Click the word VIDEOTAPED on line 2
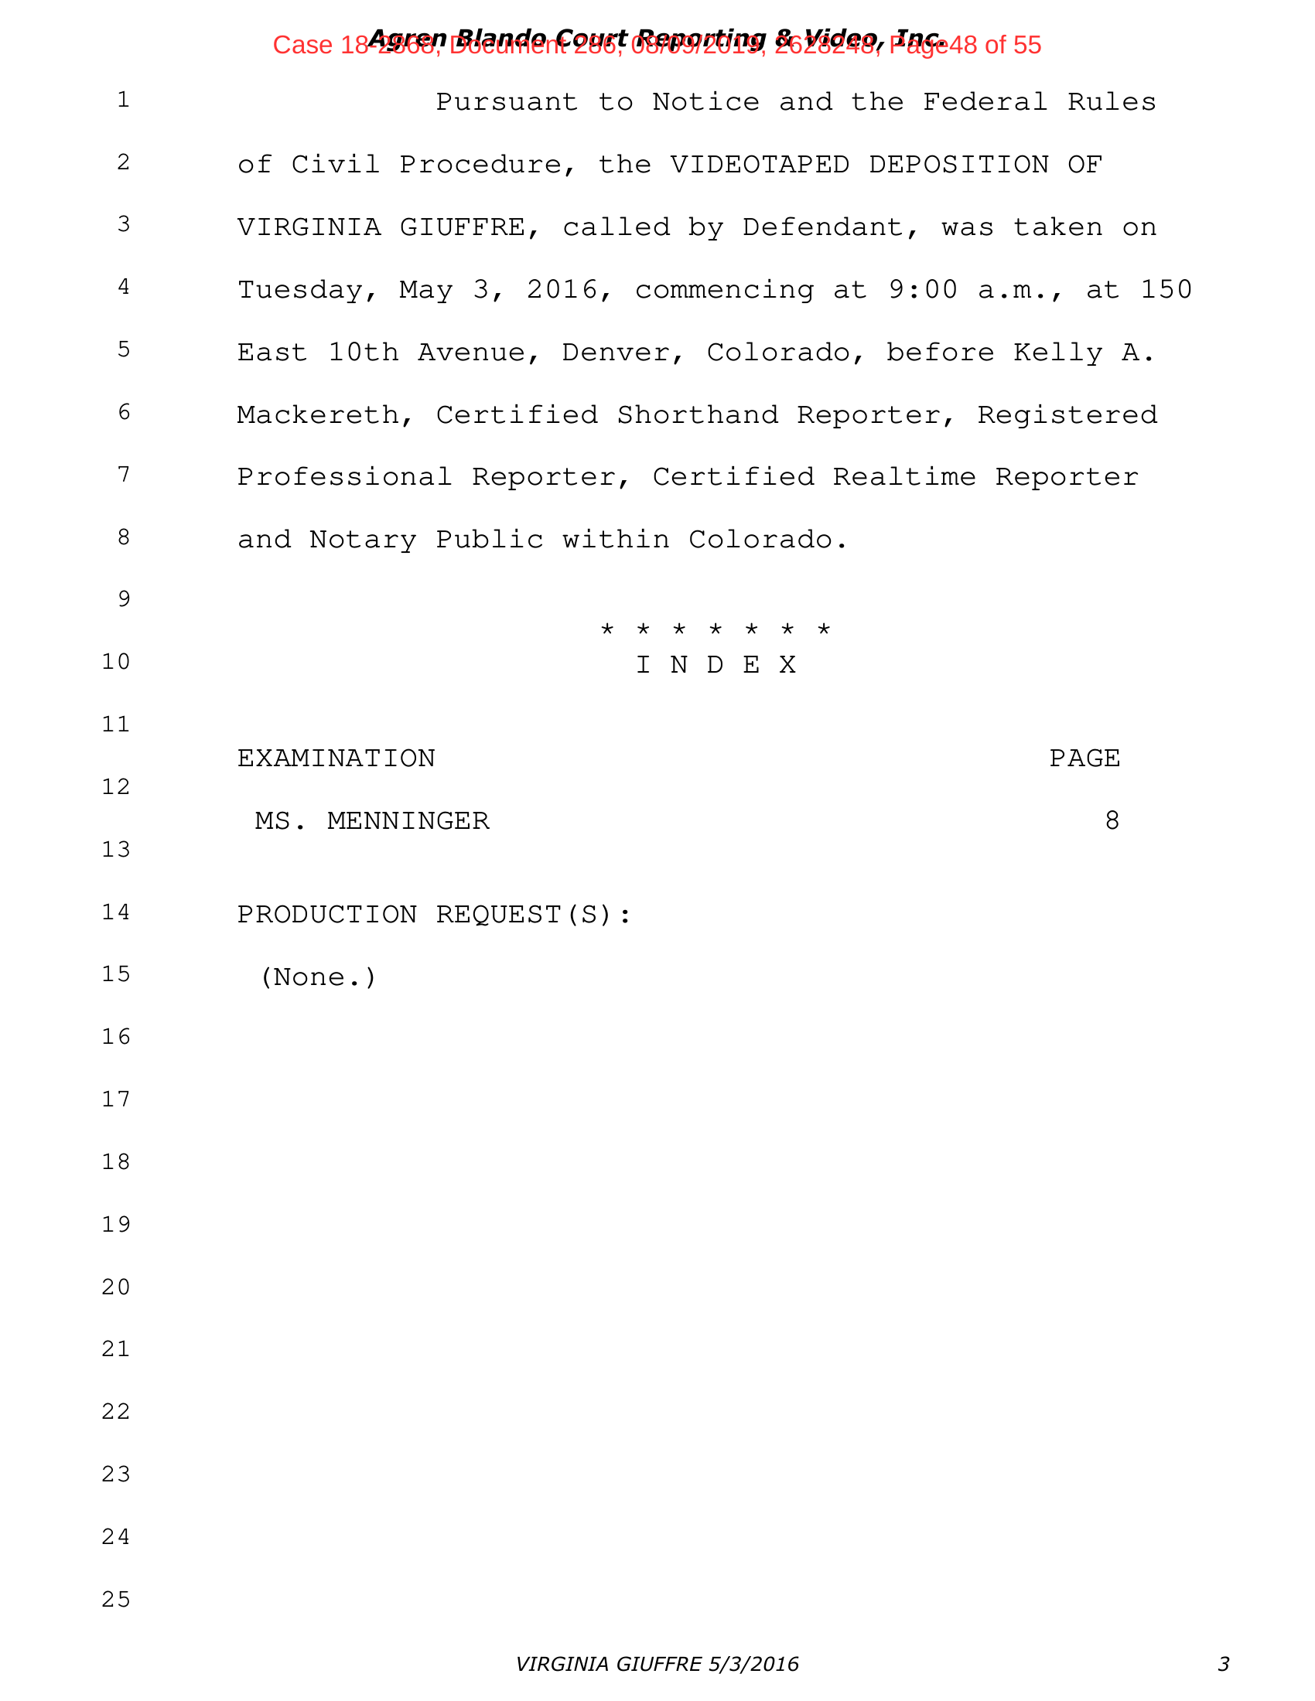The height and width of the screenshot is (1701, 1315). pyautogui.click(x=760, y=165)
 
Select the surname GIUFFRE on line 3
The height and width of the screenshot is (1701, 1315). pyautogui.click(x=463, y=227)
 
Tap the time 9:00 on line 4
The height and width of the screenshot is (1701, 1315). pyautogui.click(x=922, y=290)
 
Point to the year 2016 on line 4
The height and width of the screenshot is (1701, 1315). pyautogui.click(x=562, y=290)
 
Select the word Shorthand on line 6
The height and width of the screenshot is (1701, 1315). pyautogui.click(x=697, y=415)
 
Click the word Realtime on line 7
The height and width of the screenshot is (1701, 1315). pyautogui.click(x=903, y=477)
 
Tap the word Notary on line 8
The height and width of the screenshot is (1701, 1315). pyautogui.click(x=363, y=540)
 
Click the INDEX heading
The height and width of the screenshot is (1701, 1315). pyautogui.click(x=716, y=665)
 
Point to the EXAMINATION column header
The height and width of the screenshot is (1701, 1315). pyautogui.click(x=336, y=758)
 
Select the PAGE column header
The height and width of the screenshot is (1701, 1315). pyautogui.click(x=1084, y=758)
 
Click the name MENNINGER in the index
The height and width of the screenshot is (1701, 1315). pyautogui.click(x=408, y=821)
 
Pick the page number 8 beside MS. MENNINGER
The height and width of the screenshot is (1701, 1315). pyautogui.click(x=1112, y=821)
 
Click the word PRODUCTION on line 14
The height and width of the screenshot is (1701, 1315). pyautogui.click(x=327, y=915)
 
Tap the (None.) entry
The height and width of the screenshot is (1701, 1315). pyautogui.click(x=318, y=977)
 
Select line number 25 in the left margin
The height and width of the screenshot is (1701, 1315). pyautogui.click(x=116, y=1600)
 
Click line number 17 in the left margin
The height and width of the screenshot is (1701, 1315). pyautogui.click(x=116, y=1099)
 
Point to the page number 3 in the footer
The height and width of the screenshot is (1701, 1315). pyautogui.click(x=1223, y=1665)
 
